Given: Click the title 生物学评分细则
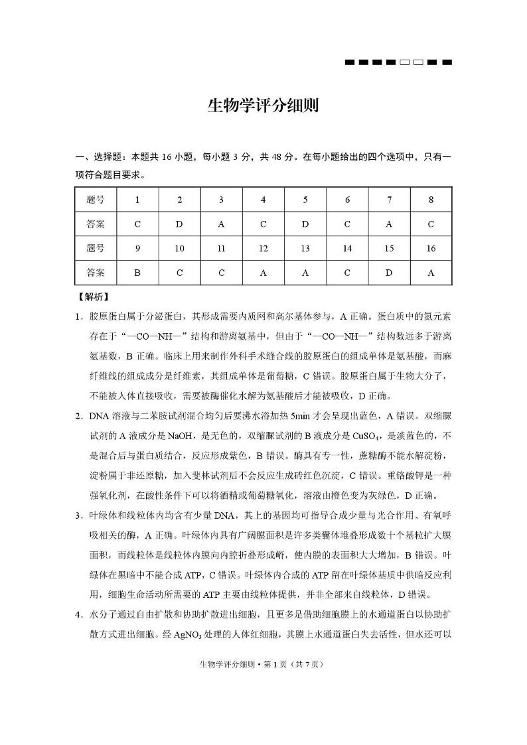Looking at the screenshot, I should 263,105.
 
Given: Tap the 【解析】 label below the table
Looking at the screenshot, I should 93,297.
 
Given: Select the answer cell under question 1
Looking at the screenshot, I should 137,224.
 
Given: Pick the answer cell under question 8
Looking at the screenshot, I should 431,224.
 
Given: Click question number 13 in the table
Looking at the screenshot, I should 305,248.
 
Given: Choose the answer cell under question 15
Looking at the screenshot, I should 389,272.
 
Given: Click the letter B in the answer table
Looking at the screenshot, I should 137,272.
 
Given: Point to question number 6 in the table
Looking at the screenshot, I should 347,200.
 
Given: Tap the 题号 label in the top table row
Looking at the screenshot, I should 96,200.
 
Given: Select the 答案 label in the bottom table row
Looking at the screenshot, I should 96,272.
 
